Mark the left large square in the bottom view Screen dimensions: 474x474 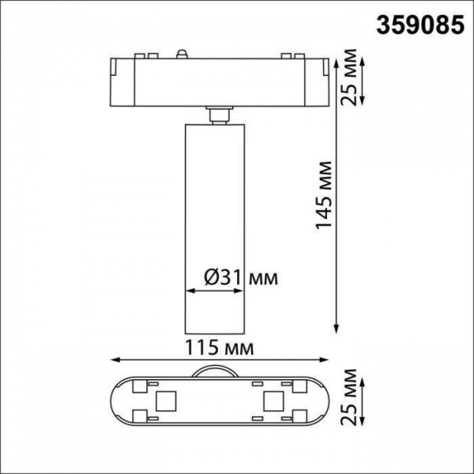(166, 401)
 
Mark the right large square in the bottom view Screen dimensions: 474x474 (273, 401)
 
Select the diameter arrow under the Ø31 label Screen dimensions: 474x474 (214, 291)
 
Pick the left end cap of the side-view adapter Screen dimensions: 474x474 (115, 80)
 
